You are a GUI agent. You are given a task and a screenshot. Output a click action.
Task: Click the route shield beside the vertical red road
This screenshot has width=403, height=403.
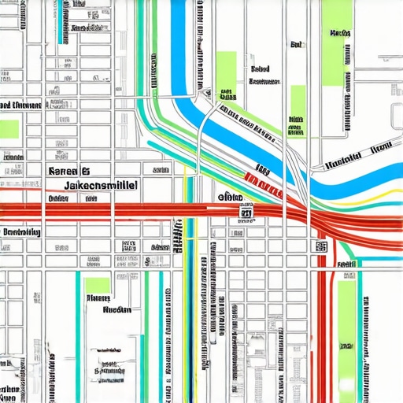[321, 246]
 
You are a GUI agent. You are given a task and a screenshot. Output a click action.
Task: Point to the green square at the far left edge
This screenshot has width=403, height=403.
[9, 128]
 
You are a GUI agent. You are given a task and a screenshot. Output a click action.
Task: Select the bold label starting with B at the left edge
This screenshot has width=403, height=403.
[21, 232]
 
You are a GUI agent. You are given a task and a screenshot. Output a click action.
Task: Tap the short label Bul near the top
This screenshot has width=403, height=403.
[296, 45]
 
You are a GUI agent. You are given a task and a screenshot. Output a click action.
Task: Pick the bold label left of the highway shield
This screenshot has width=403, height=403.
[229, 197]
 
